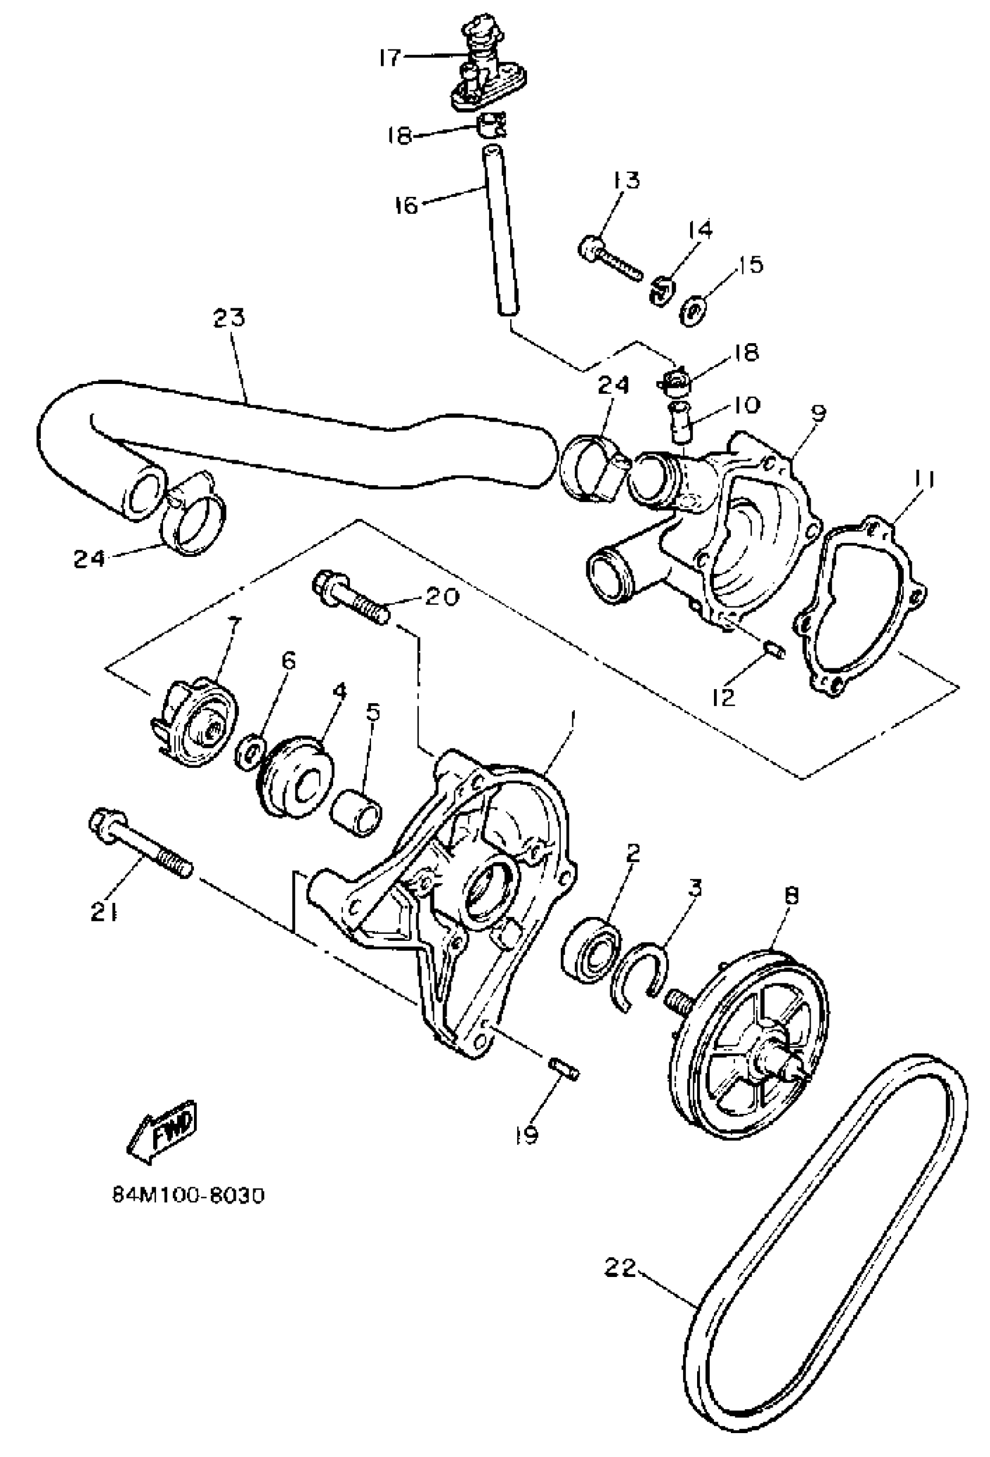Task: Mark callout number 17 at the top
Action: (390, 58)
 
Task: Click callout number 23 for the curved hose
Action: (229, 319)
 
